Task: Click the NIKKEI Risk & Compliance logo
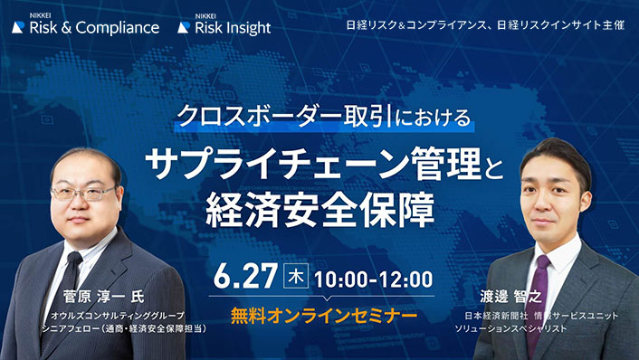86,24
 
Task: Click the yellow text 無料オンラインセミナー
323,316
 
